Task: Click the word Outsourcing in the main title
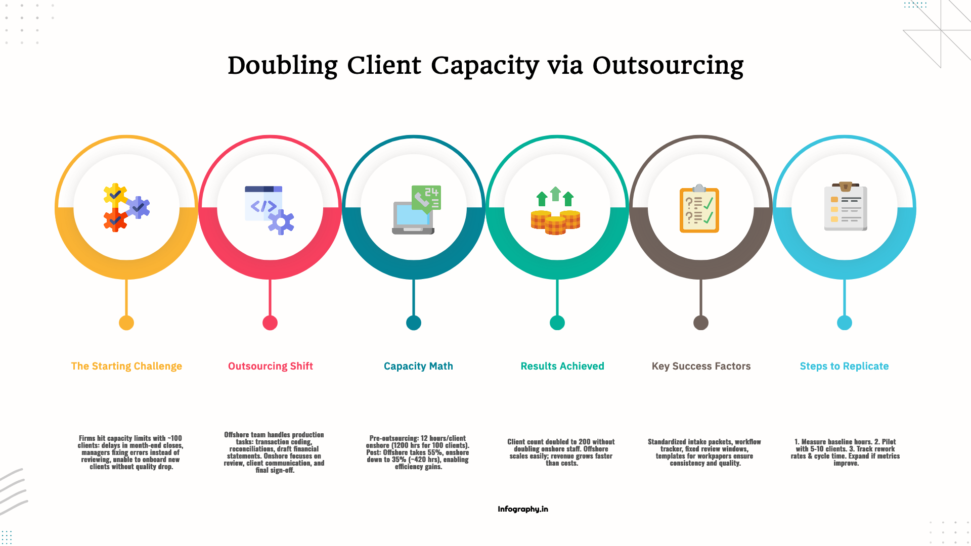point(668,66)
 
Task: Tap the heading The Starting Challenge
point(126,366)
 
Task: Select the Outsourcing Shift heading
point(271,366)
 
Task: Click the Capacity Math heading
point(418,366)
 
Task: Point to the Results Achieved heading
point(562,366)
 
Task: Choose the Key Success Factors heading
point(701,366)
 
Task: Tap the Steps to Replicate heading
point(844,366)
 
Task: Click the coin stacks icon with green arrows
point(555,211)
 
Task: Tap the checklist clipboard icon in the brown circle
point(699,208)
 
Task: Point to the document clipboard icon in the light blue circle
point(846,207)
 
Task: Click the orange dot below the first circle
point(126,323)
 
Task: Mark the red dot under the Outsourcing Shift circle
point(270,323)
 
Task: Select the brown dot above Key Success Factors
point(701,323)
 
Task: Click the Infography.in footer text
point(523,509)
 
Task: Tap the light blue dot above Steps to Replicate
point(845,323)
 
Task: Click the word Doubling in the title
point(282,66)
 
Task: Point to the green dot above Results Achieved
point(557,323)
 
